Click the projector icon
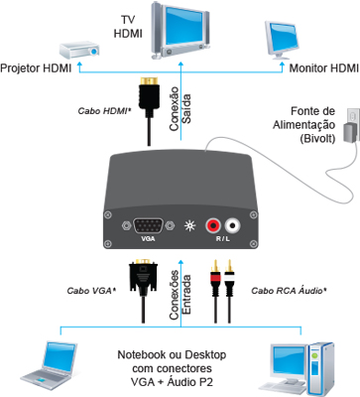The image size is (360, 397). tap(79, 50)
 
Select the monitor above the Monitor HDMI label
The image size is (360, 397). tap(282, 41)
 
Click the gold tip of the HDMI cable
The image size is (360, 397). tap(149, 81)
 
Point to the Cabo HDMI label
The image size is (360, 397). tap(104, 111)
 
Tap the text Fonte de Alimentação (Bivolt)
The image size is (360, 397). tap(303, 125)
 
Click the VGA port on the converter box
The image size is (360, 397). tap(148, 226)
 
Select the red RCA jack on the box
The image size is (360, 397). tap(213, 226)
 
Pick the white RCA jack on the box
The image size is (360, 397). tap(233, 226)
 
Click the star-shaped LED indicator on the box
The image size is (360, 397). tap(189, 226)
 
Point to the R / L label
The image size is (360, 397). tap(223, 238)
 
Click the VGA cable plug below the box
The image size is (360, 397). tap(143, 278)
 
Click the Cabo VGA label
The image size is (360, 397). tap(91, 291)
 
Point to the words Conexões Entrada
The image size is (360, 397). tap(180, 295)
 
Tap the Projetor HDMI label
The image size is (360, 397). tap(36, 68)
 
